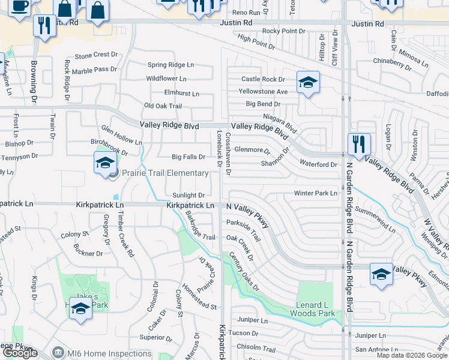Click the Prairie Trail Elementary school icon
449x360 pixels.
coord(104,162)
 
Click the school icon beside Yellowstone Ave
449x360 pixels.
coord(308,83)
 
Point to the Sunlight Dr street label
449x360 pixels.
coord(188,196)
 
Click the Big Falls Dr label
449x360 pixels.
coord(188,157)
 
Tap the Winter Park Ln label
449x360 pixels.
coord(316,193)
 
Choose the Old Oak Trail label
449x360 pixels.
coord(163,106)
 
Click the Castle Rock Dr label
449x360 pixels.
coord(263,79)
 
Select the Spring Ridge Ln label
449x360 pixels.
coord(171,65)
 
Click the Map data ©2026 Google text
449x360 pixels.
coord(412,355)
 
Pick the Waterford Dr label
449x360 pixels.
coord(318,164)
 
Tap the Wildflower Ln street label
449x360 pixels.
coord(166,79)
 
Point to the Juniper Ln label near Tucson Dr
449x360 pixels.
coord(252,321)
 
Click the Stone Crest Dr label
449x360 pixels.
coord(92,55)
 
